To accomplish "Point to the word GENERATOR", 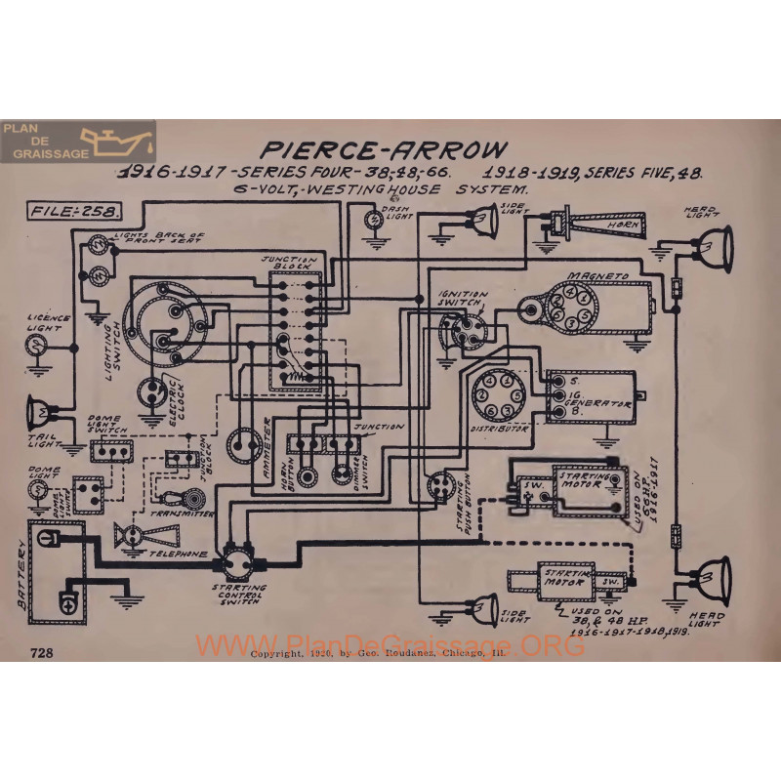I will coord(598,399).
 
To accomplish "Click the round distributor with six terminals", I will coord(491,392).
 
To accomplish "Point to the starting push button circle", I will coord(440,485).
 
